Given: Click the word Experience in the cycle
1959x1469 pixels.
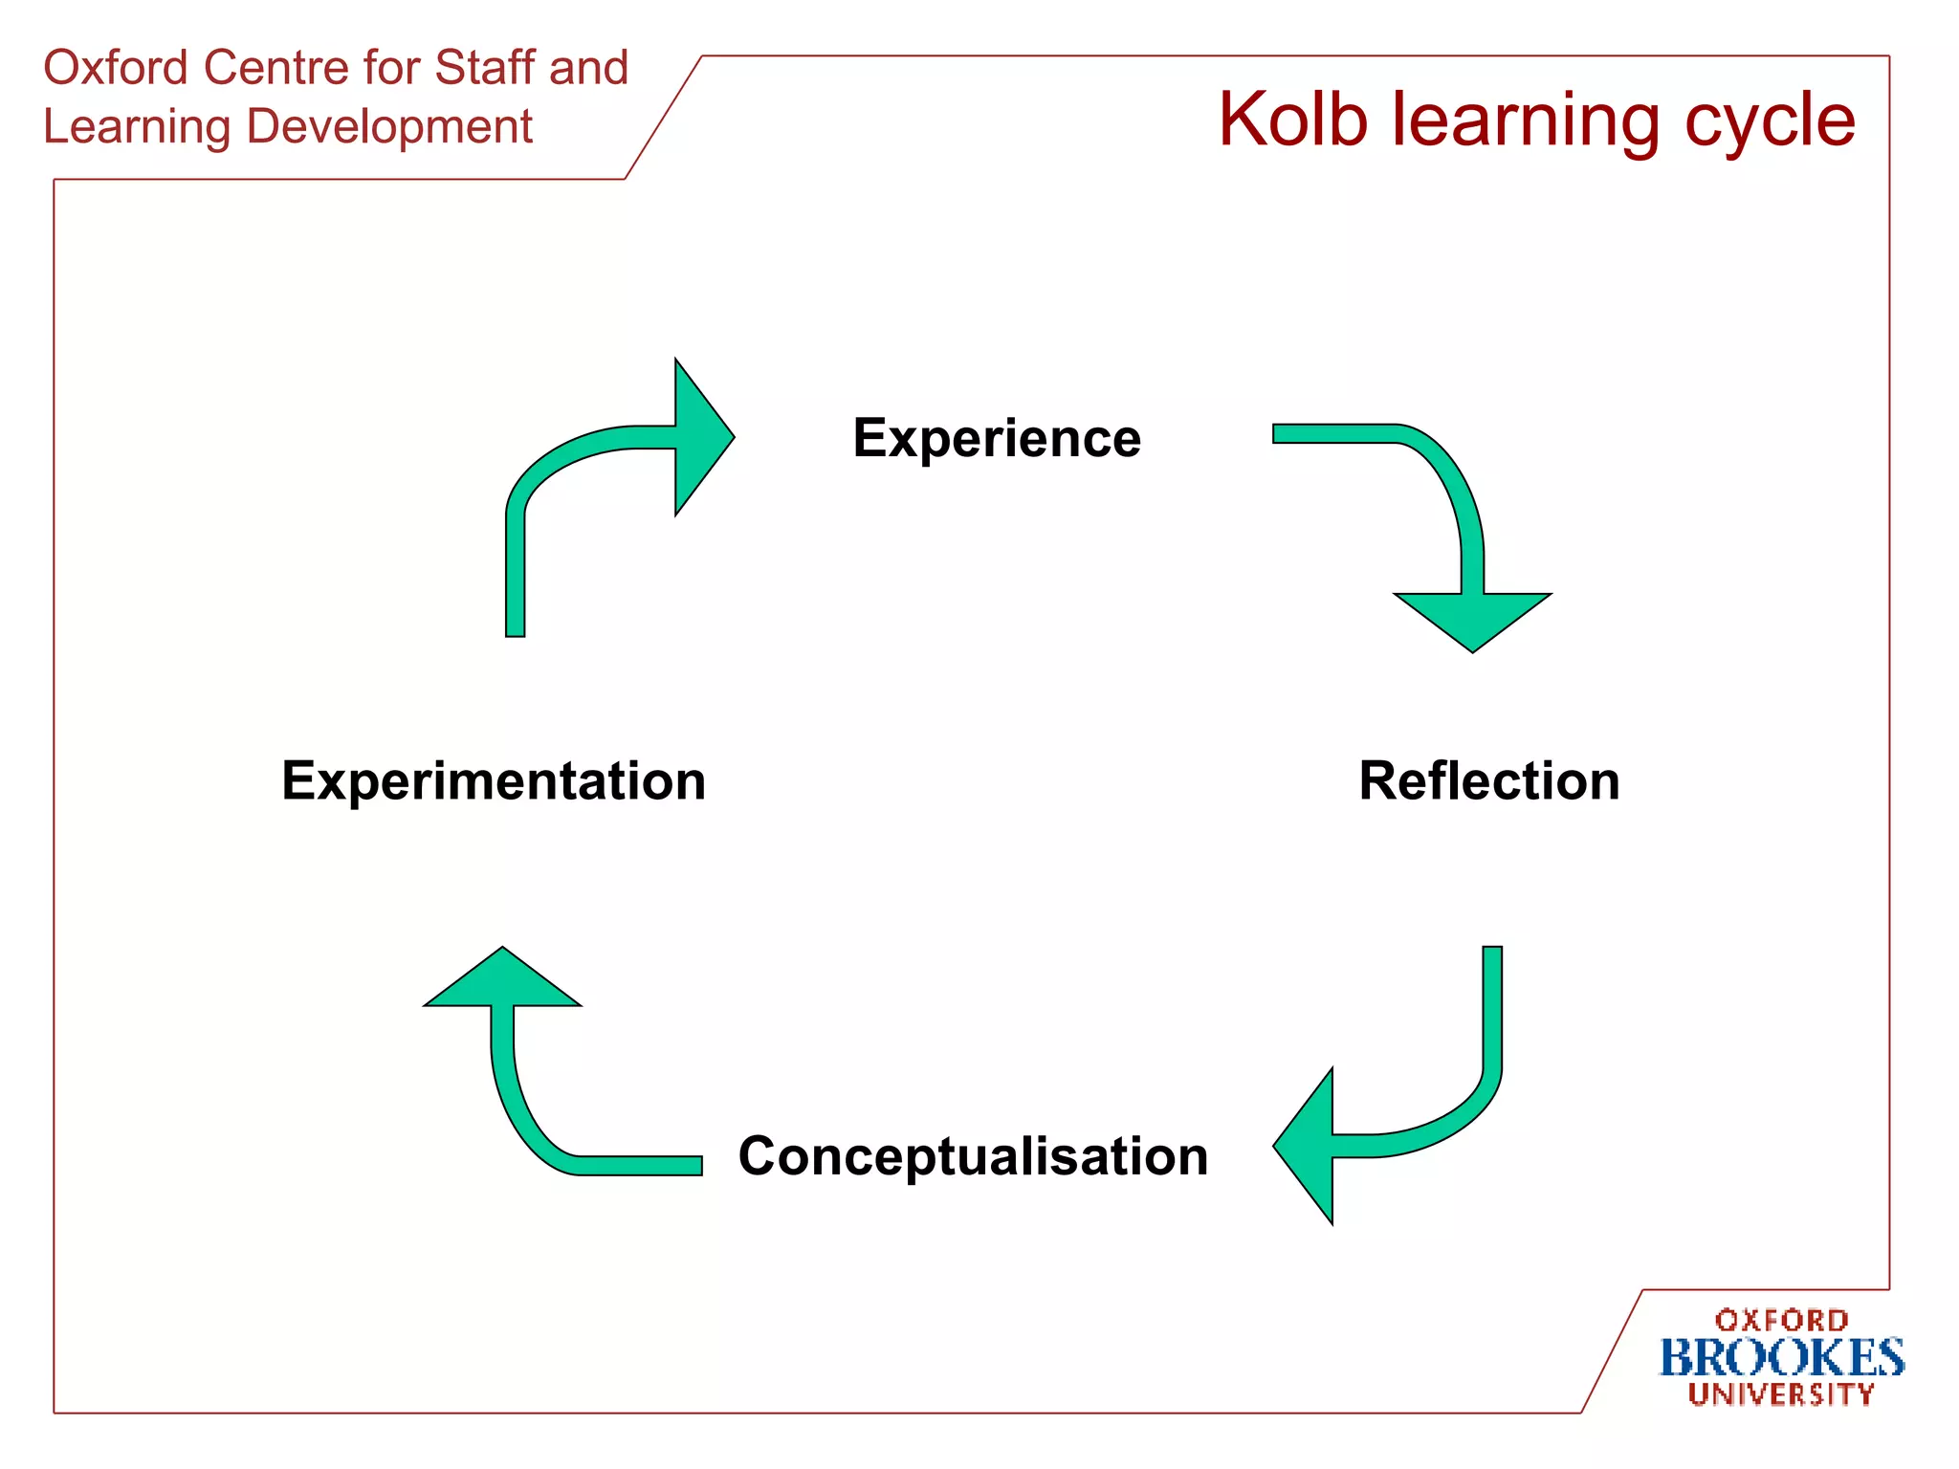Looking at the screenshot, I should [997, 439].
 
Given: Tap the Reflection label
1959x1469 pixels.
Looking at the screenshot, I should [1488, 781].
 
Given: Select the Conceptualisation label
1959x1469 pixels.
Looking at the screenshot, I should [973, 1156].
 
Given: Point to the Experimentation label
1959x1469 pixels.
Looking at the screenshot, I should [494, 781].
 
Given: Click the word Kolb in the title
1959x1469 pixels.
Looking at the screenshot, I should [1292, 121].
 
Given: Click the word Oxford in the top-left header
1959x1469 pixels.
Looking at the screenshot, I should [116, 69].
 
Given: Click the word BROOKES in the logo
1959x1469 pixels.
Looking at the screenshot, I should [1781, 1358].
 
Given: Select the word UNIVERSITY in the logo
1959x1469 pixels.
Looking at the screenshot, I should [1781, 1394].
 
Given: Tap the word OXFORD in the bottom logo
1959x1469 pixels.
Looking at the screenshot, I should [1781, 1321].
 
